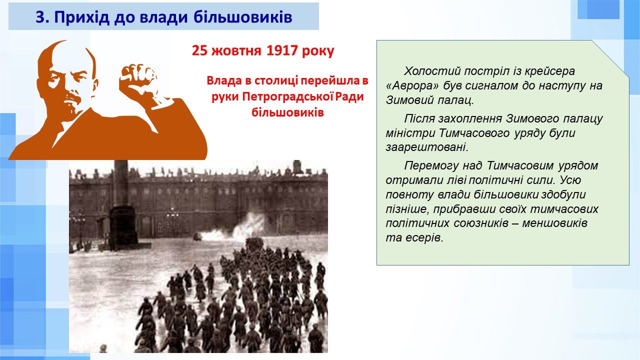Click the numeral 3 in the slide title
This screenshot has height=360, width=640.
pos(40,17)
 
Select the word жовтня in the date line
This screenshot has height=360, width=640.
pos(237,51)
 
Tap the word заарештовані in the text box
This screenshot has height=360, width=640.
pos(427,147)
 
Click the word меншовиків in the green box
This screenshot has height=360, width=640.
pos(555,223)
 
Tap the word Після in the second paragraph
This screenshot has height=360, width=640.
pos(419,118)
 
